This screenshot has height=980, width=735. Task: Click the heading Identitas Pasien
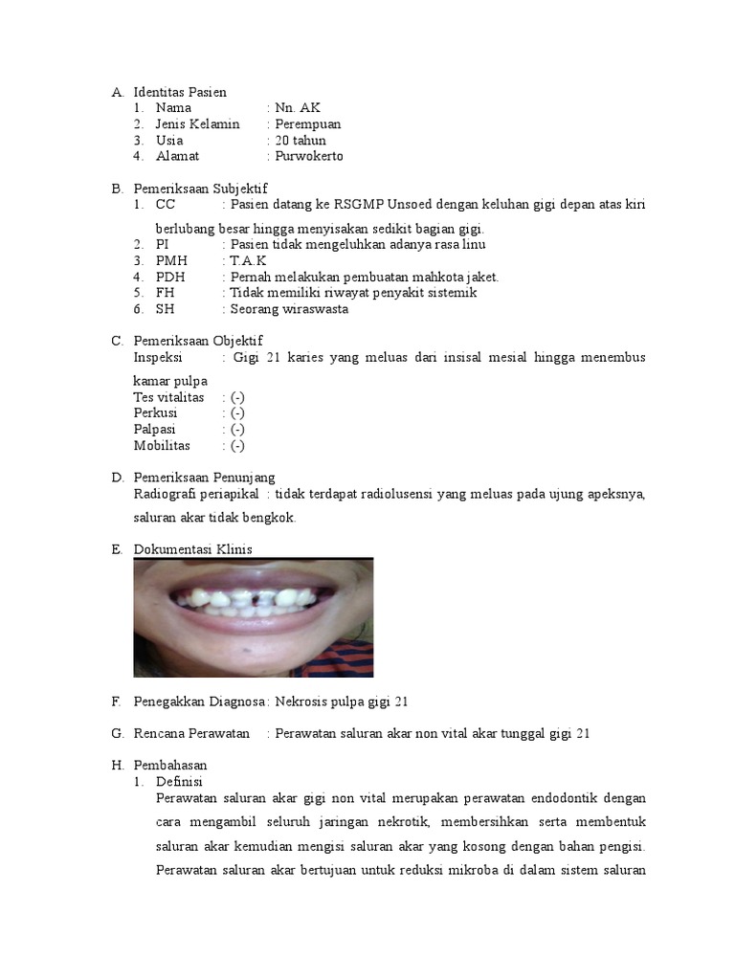pyautogui.click(x=180, y=93)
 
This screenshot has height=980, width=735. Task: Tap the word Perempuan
pyautogui.click(x=307, y=124)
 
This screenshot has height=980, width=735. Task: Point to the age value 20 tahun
pyautogui.click(x=301, y=140)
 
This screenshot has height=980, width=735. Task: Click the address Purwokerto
pyautogui.click(x=309, y=156)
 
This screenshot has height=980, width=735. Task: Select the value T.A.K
pyautogui.click(x=248, y=260)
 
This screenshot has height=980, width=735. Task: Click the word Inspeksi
pyautogui.click(x=158, y=357)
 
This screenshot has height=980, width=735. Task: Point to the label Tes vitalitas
pyautogui.click(x=168, y=397)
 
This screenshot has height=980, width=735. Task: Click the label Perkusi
pyautogui.click(x=156, y=413)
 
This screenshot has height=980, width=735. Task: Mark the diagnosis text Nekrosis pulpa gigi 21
pyautogui.click(x=342, y=702)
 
